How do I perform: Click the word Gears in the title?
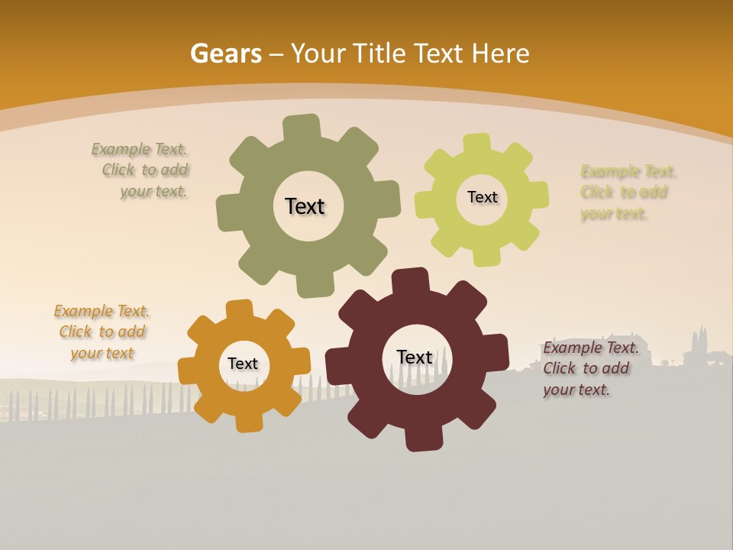point(225,53)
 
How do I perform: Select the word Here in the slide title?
point(500,53)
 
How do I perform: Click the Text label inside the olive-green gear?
point(305,206)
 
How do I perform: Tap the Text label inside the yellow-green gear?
point(482,197)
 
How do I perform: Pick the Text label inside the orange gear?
point(243,364)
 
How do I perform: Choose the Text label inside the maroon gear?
point(415,357)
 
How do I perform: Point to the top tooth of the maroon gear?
point(410,281)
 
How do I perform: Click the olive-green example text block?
point(141,170)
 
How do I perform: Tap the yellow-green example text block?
point(628,192)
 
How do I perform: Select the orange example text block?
point(102,332)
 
